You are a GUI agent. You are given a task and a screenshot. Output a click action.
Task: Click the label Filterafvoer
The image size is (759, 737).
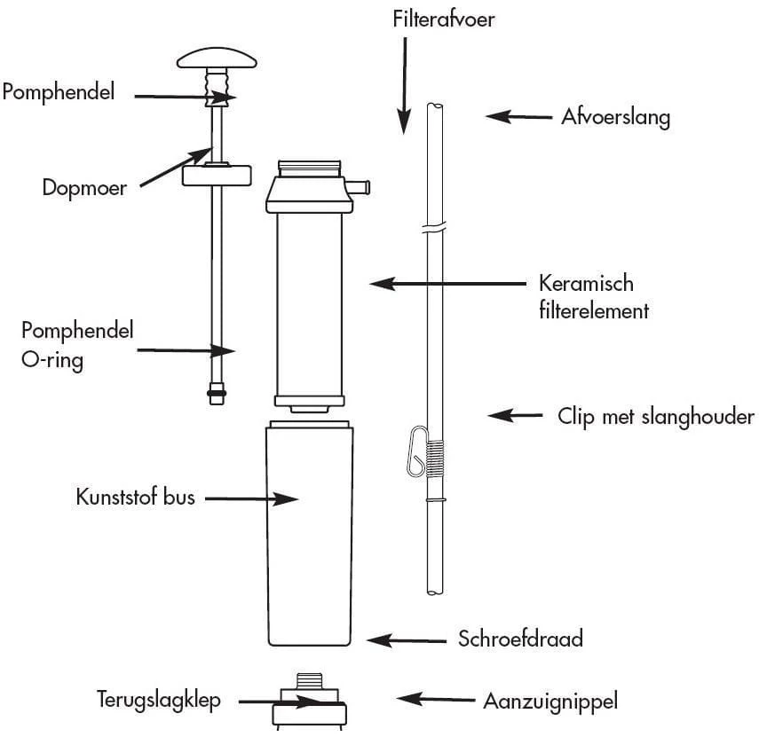443,19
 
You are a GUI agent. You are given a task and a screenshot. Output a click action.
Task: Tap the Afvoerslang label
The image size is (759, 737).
615,117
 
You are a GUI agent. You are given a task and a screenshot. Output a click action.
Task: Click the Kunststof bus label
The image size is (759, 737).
135,497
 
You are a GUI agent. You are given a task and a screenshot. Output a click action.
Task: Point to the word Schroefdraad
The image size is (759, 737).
520,638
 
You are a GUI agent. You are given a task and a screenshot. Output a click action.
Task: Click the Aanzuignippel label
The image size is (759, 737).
549,701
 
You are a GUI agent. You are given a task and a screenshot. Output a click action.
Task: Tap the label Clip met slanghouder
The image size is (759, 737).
655,416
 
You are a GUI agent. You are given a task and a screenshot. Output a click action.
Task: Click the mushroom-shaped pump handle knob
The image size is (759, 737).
217,60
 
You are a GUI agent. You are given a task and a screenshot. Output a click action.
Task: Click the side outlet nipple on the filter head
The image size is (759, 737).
359,186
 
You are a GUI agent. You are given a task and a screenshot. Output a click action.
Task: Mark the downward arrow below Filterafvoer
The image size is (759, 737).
404,84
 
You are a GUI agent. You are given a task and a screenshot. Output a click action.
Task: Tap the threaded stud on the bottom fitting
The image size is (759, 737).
310,681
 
